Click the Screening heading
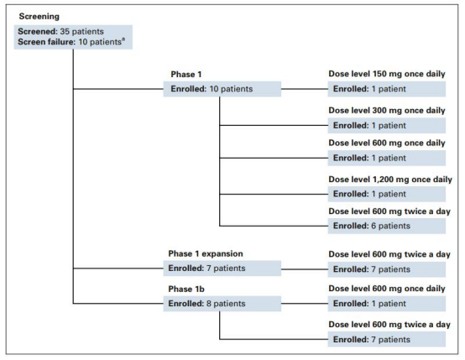(39, 16)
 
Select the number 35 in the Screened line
(65, 31)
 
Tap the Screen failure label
(46, 42)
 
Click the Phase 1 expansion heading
(206, 253)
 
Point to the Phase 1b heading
(186, 289)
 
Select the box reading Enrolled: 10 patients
(222, 89)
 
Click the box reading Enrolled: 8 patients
(222, 304)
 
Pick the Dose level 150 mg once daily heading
(387, 74)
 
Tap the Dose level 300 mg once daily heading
(387, 110)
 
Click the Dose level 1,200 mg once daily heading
(390, 180)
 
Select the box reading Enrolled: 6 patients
(387, 226)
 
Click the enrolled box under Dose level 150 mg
(387, 89)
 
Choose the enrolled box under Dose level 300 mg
(387, 125)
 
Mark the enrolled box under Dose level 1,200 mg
(387, 194)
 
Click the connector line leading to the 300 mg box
(274, 125)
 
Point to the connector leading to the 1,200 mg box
(274, 194)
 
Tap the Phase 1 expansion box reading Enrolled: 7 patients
(222, 269)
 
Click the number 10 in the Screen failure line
(83, 42)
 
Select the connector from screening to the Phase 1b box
(118, 304)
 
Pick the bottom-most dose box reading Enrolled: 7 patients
(387, 339)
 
